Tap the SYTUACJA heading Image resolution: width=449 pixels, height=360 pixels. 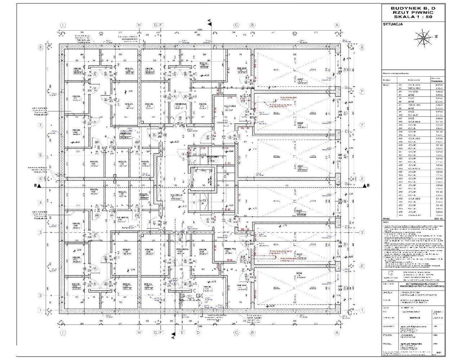coord(393,24)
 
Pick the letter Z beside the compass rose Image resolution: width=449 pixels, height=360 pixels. coord(436,36)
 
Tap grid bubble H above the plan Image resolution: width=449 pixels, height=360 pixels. coord(140,25)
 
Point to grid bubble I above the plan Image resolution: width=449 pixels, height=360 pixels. coord(63,25)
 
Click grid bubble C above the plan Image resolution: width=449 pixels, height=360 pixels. coord(236,25)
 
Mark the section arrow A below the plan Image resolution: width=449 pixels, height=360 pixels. coord(173,338)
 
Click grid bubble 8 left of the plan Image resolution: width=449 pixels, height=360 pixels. coord(41,47)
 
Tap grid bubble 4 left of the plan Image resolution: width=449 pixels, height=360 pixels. coord(41,203)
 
